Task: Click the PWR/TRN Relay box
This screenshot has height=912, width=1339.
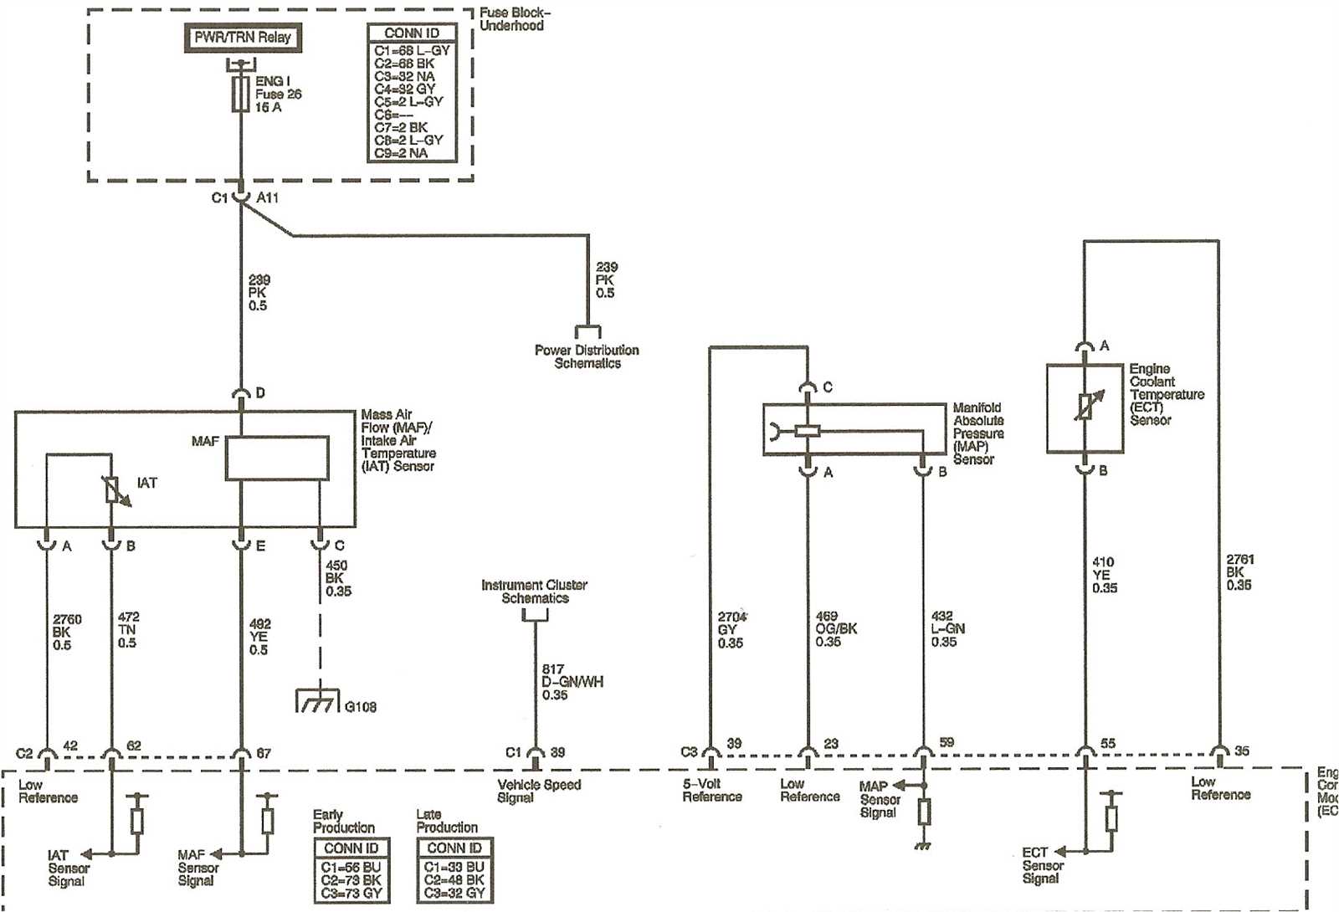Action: (242, 38)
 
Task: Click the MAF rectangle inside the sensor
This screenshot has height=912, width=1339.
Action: (277, 459)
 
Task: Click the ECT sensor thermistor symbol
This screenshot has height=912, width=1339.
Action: (1085, 408)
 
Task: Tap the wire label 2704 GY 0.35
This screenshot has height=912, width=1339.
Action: (731, 629)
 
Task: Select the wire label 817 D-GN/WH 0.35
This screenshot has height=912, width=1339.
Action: (572, 682)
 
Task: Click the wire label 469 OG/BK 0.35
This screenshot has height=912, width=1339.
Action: (835, 628)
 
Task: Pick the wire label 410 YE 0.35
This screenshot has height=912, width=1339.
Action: (1104, 575)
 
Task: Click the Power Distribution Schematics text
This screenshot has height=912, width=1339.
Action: (587, 356)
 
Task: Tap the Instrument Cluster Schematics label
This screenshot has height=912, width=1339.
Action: (534, 592)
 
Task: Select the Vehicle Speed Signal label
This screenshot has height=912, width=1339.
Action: (538, 791)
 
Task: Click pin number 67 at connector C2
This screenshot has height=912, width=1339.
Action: (264, 753)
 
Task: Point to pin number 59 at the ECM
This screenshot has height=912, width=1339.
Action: (947, 742)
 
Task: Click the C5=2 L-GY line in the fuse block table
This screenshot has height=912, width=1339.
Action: (408, 101)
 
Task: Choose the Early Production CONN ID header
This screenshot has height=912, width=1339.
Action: (351, 848)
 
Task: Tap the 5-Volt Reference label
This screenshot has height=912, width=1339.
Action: (711, 790)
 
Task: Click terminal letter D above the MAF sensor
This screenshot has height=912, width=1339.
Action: (260, 392)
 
